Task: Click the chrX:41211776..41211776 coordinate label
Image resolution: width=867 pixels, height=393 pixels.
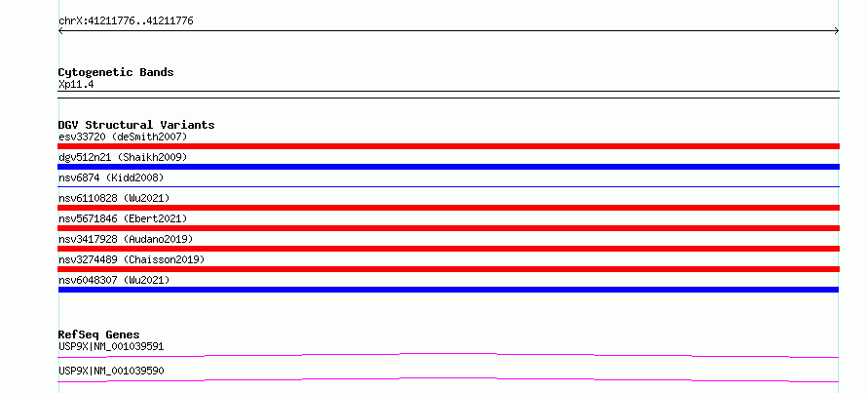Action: point(126,21)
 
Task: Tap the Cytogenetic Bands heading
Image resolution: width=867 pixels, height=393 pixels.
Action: point(116,72)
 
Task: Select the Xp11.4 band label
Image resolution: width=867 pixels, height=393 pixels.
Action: point(76,85)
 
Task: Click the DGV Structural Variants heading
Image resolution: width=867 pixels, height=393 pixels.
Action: point(136,125)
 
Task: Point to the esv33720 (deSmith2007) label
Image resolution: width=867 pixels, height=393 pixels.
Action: point(123,137)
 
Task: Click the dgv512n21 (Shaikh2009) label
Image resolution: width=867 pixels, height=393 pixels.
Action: point(123,157)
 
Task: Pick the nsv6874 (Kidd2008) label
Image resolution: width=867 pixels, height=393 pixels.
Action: point(111,177)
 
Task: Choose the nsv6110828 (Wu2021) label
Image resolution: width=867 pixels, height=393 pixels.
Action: point(114,198)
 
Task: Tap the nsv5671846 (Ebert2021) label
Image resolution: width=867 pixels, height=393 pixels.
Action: point(123,218)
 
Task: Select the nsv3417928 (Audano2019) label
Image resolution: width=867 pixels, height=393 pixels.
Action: point(126,239)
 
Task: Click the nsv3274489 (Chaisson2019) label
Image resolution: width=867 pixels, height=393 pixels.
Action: point(132,259)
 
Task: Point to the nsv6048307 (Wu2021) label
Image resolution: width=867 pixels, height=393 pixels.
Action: point(114,280)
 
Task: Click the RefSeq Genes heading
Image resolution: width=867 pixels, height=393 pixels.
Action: point(99,334)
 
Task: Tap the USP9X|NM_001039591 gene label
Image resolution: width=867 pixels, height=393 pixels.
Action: point(111,346)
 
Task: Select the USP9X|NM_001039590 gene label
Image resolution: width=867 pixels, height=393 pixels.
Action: point(111,371)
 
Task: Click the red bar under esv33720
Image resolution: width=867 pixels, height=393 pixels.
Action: point(448,146)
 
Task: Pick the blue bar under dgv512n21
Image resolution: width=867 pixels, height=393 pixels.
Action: point(448,167)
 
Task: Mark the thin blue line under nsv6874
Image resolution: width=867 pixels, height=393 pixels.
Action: point(448,187)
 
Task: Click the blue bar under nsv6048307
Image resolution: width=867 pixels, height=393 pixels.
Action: point(448,290)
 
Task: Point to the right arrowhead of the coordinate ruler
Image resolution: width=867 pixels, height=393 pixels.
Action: point(837,31)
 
